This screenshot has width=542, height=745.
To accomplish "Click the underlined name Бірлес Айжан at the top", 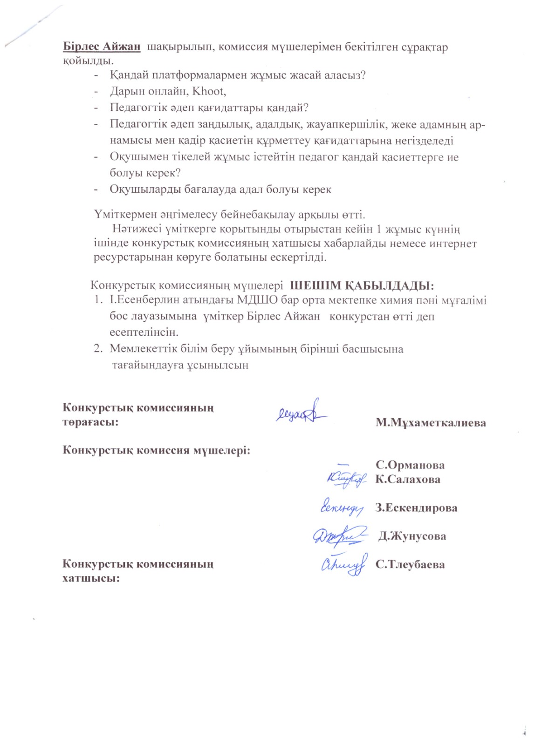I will click(102, 47).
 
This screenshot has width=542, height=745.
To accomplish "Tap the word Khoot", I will click(209, 91).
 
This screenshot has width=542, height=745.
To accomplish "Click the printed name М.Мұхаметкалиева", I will click(431, 423).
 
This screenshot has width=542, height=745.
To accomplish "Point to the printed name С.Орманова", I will click(410, 465).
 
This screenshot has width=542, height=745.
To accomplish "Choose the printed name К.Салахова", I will click(408, 479).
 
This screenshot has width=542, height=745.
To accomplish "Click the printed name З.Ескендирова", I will click(416, 508).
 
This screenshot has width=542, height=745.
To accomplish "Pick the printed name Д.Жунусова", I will click(412, 536).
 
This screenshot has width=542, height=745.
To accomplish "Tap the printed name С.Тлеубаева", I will click(410, 564).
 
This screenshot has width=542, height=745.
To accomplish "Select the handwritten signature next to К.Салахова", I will click(346, 478).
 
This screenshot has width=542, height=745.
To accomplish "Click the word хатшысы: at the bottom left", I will click(91, 578).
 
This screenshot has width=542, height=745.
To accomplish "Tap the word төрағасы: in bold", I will click(90, 422).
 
